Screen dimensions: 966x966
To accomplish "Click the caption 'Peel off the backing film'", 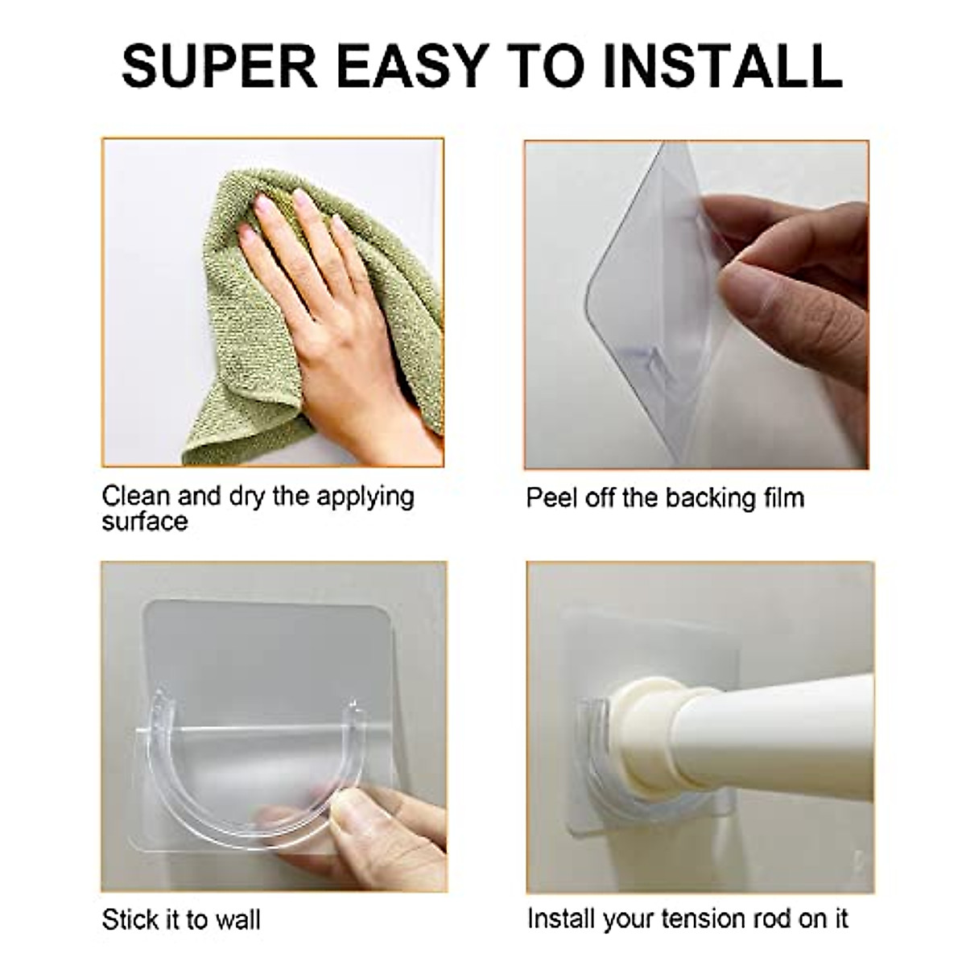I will pos(665,497).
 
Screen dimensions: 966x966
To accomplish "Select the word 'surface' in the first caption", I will pos(145,522).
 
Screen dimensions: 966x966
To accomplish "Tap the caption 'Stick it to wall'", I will pos(181,919).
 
